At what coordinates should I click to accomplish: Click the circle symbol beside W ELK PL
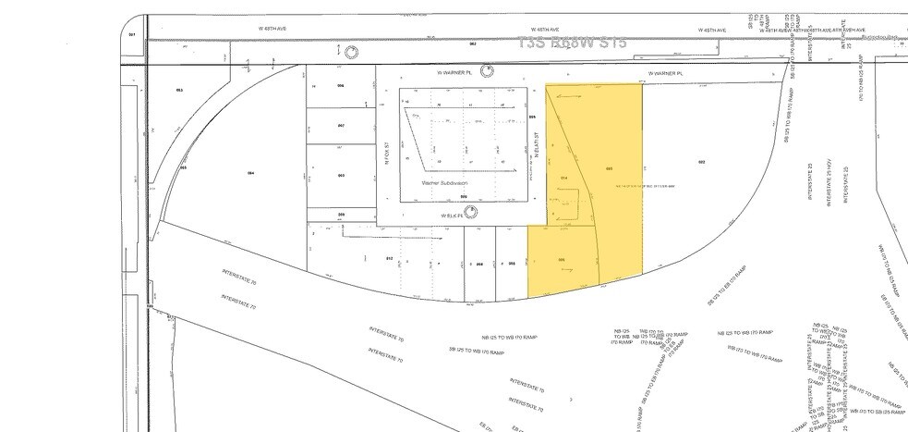pos(472,212)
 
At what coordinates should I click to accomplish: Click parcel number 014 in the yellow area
pos(563,176)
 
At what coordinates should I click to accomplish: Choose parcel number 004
pos(249,173)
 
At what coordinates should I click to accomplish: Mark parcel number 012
pos(389,258)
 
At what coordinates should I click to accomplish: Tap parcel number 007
pos(340,125)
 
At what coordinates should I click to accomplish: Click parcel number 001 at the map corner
pos(132,34)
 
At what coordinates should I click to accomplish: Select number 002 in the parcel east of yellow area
pos(702,162)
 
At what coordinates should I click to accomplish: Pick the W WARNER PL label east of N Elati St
pos(665,72)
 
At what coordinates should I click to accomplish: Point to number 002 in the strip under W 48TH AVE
pos(472,43)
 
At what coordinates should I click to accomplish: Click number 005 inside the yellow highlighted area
pos(609,168)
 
